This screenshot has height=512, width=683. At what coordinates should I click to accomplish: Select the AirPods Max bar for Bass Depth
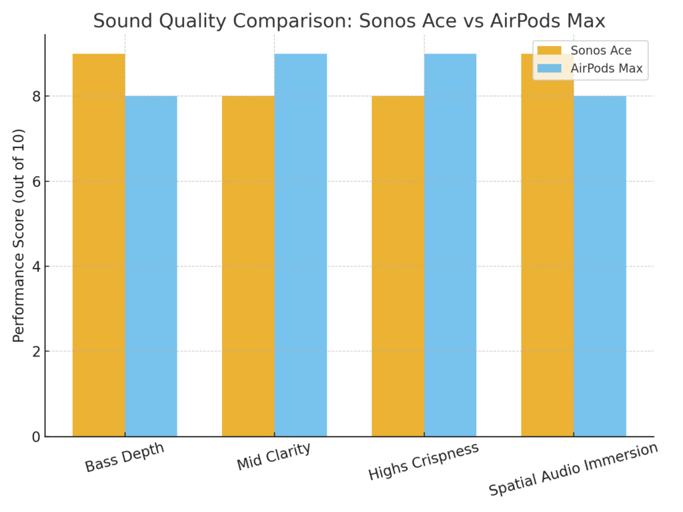point(151,267)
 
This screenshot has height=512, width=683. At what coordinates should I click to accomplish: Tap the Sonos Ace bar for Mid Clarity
point(248,267)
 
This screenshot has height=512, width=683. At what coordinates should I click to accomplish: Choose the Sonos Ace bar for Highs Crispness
point(398,267)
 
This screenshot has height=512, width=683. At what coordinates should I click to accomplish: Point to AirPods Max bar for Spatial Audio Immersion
point(600,267)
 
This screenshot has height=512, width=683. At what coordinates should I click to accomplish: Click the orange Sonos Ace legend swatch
point(550,51)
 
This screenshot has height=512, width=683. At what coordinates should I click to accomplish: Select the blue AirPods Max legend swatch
point(550,68)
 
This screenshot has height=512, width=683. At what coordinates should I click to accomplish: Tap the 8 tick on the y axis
point(35,97)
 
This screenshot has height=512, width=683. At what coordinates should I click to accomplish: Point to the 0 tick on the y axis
point(35,437)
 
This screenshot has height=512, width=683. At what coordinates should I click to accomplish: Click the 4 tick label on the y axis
point(35,267)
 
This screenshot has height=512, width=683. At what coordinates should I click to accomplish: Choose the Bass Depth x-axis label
point(125,458)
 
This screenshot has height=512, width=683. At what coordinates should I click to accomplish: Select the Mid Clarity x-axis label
point(273,457)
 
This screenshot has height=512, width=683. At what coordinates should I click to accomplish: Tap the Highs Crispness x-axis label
point(424,461)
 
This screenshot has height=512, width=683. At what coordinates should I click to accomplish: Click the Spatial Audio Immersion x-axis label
point(573,469)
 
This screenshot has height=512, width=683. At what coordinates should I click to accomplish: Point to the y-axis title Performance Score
point(19,235)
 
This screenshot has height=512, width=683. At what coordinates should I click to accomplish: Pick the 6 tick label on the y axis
point(35,182)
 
